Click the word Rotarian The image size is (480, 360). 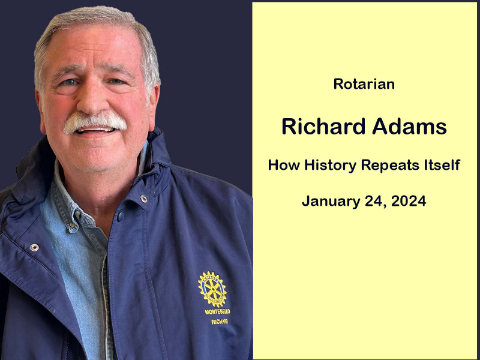click(x=364, y=84)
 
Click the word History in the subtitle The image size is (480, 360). click(x=331, y=166)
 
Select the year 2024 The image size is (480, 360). click(x=409, y=201)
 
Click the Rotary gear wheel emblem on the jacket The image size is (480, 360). click(x=213, y=289)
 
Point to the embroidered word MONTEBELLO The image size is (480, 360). click(x=217, y=311)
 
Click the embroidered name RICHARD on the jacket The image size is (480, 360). click(x=220, y=322)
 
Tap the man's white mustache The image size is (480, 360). click(x=95, y=122)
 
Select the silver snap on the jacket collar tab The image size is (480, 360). click(x=143, y=199)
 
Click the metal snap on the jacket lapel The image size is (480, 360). click(x=34, y=247)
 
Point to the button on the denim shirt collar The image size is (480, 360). click(x=73, y=226)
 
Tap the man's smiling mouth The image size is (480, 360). click(x=95, y=130)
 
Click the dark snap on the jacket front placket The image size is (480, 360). click(x=121, y=216)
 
